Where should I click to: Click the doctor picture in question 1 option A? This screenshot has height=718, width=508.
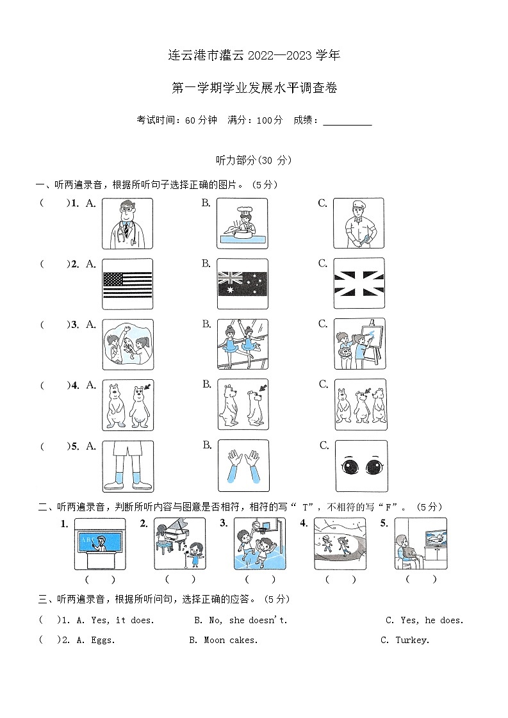pyautogui.click(x=127, y=223)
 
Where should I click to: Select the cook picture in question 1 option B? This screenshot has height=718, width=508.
pyautogui.click(x=242, y=223)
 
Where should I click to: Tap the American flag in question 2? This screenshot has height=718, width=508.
pyautogui.click(x=127, y=284)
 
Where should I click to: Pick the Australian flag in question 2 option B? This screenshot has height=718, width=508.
pyautogui.click(x=242, y=284)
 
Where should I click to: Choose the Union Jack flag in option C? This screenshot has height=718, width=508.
pyautogui.click(x=359, y=284)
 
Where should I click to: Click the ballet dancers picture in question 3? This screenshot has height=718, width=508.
pyautogui.click(x=242, y=345)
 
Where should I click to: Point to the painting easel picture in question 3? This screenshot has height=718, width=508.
pyautogui.click(x=359, y=345)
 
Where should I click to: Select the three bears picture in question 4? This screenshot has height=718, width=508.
pyautogui.click(x=360, y=405)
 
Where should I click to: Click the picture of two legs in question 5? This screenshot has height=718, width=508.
pyautogui.click(x=127, y=466)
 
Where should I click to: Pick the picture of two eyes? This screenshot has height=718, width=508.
pyautogui.click(x=361, y=466)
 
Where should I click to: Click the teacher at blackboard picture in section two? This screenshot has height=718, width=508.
pyautogui.click(x=99, y=543)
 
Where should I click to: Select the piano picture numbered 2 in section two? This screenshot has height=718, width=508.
pyautogui.click(x=179, y=543)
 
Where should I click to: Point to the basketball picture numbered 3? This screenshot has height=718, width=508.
pyautogui.click(x=259, y=543)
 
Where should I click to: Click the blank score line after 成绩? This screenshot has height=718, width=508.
pyautogui.click(x=347, y=120)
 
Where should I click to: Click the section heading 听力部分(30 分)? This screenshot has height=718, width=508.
pyautogui.click(x=255, y=161)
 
